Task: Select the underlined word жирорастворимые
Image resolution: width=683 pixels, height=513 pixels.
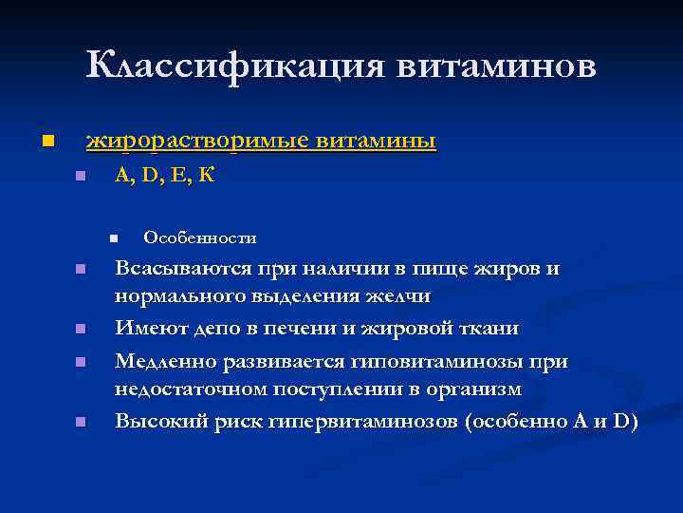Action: [197, 142]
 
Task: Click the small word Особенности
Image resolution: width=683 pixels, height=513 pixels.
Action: [199, 237]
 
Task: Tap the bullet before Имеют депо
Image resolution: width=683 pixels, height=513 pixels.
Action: [81, 330]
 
